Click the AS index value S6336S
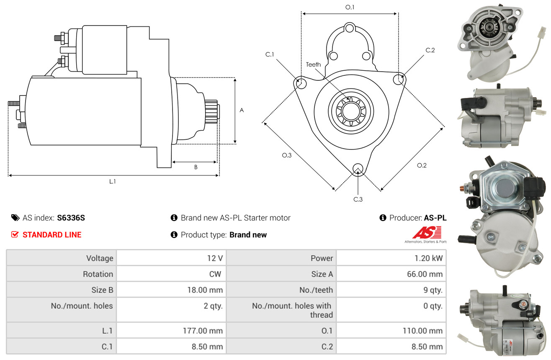(x=71, y=218)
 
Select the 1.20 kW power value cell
(x=391, y=258)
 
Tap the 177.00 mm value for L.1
(x=203, y=331)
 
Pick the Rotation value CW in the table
(x=215, y=274)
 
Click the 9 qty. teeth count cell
(x=391, y=290)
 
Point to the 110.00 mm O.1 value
(x=422, y=331)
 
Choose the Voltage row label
(x=100, y=258)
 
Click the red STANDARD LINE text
(x=52, y=235)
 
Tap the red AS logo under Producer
(x=427, y=233)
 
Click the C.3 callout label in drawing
(x=358, y=199)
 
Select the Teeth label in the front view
(x=313, y=64)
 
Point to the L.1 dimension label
(x=112, y=182)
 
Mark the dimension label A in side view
(x=242, y=110)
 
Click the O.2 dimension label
(x=422, y=165)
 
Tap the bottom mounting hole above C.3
(x=358, y=169)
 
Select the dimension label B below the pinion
(x=196, y=167)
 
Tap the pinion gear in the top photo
(x=489, y=28)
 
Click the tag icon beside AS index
(x=15, y=218)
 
